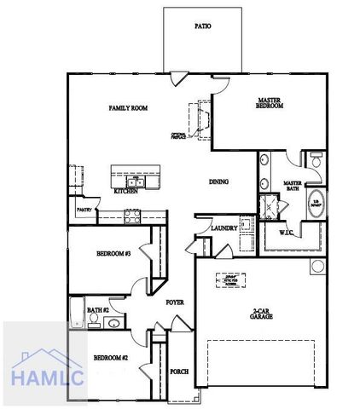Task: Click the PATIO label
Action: pos(202,26)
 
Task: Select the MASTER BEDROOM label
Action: pos(269,104)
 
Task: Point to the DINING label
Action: pos(218,181)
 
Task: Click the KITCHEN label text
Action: pos(125,192)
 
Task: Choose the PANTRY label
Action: pos(84,209)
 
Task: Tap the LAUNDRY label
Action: pos(224,228)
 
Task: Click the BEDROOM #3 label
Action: pos(113,254)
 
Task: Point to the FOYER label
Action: pos(175,302)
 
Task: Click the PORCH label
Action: pos(179,371)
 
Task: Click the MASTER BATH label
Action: pos(293,187)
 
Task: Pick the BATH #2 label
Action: pos(96,310)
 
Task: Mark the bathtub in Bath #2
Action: pos(75,314)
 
